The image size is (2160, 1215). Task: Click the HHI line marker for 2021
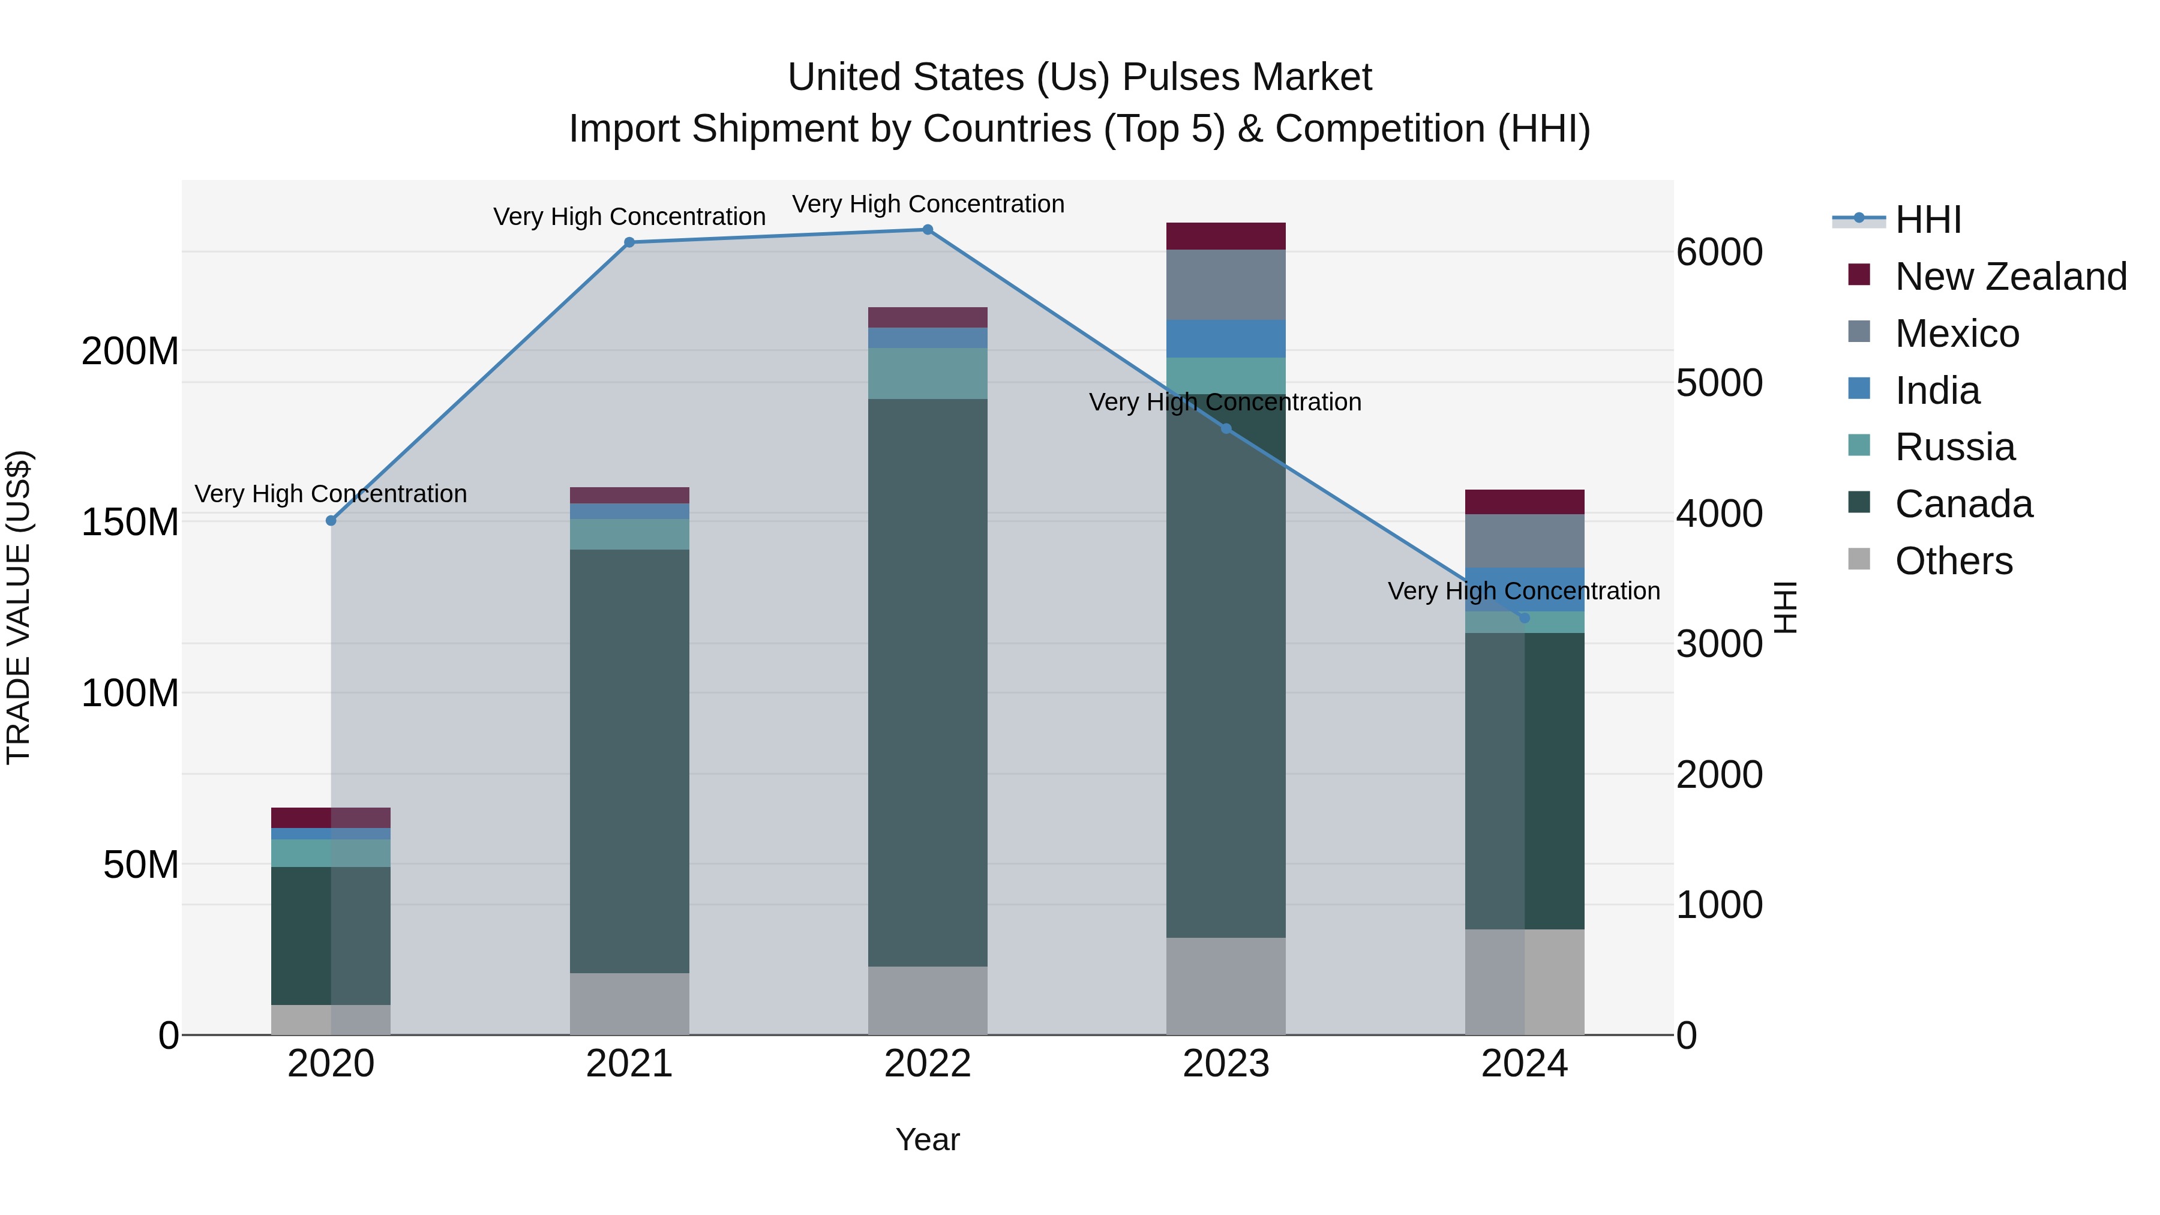(x=629, y=242)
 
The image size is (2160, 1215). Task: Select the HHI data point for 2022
(x=928, y=230)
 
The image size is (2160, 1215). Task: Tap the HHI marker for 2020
(x=331, y=521)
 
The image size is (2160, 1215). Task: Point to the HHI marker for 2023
(x=1226, y=428)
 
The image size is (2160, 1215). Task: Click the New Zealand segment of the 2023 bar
(x=1226, y=236)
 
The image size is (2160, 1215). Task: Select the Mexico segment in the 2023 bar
(x=1226, y=284)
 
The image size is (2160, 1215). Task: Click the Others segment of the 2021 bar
(x=629, y=1004)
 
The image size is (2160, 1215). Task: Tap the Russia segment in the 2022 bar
(x=928, y=373)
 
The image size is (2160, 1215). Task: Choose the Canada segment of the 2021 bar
(x=629, y=761)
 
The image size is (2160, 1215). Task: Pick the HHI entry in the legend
(x=1927, y=220)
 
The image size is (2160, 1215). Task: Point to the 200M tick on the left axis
(x=130, y=352)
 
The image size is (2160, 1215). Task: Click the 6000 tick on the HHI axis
(x=1719, y=253)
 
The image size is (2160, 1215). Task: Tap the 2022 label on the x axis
(x=928, y=1064)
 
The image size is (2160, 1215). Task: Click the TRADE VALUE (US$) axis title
(x=19, y=607)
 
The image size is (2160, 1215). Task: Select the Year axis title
(x=928, y=1139)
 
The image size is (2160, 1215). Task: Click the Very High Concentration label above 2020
(x=331, y=494)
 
